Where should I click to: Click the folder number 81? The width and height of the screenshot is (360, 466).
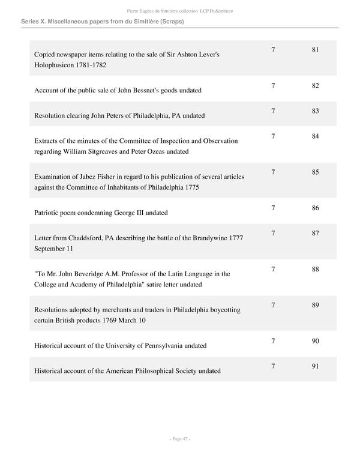click(x=315, y=49)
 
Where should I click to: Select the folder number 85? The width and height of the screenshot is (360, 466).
click(x=315, y=172)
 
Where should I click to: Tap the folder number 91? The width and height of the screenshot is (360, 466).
click(x=315, y=366)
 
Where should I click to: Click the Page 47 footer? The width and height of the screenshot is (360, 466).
click(x=179, y=440)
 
